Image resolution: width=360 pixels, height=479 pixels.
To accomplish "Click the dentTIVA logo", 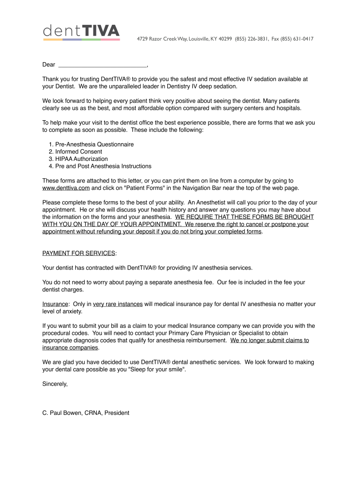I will (81, 32).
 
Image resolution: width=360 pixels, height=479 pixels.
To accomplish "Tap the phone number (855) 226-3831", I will (252, 39).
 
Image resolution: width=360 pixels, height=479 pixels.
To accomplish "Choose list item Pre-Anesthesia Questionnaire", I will (94, 144).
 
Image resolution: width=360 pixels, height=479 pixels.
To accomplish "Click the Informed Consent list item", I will (79, 152).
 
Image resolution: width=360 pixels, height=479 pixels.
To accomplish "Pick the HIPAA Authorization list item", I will (81, 159).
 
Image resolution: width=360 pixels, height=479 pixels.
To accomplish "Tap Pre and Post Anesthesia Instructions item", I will (103, 166).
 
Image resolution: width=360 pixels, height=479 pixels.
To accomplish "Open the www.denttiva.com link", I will (66, 188).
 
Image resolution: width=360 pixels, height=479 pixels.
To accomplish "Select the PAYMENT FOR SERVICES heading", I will (79, 253).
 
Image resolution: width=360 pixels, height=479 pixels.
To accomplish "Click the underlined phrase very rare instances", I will (118, 304).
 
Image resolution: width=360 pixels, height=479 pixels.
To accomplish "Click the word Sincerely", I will (55, 384).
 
